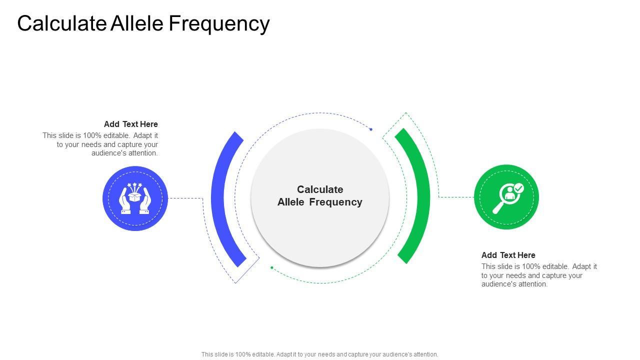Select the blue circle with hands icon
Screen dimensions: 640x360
pos(135,198)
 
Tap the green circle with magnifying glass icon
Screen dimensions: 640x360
pos(506,197)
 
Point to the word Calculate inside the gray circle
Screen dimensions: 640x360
pos(320,189)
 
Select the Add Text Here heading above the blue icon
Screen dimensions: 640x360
pos(131,124)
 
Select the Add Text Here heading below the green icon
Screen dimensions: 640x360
pos(508,255)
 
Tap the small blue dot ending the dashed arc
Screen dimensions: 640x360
pos(371,129)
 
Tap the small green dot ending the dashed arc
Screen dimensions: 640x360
pos(272,267)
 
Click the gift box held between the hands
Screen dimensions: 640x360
pos(134,196)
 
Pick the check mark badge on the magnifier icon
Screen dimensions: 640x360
pos(518,188)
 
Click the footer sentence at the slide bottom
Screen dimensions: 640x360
pos(320,354)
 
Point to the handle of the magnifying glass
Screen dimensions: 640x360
pos(498,207)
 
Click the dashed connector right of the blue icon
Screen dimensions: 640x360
pos(185,198)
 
